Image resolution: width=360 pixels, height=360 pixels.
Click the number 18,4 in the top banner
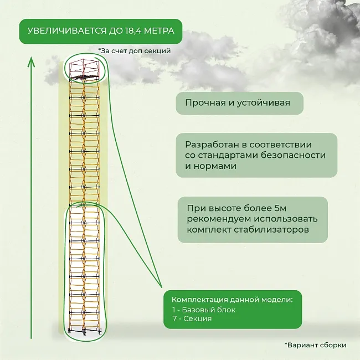tap(133, 31)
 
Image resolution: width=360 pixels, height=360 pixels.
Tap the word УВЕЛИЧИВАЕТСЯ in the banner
tap(67, 31)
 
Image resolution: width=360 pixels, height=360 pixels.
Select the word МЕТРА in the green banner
tap(159, 31)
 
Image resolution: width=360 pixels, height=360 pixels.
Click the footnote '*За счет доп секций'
tap(135, 51)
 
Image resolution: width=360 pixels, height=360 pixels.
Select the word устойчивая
tap(263, 103)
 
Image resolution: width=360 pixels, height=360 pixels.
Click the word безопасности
tap(293, 155)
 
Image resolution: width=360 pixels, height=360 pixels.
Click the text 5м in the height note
tap(280, 208)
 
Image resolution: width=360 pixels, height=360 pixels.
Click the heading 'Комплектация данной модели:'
tap(232, 300)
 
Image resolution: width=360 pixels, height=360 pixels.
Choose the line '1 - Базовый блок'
tap(204, 310)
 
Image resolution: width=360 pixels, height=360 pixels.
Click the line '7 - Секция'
tap(192, 318)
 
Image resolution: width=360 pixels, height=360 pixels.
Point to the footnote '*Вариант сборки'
tap(315, 345)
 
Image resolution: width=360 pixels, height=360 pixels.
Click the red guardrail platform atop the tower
tap(85, 69)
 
